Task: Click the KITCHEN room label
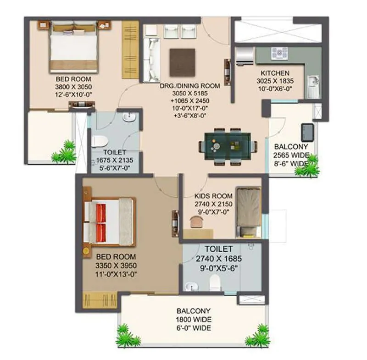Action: (x=275, y=73)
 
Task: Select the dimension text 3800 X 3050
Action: (x=73, y=87)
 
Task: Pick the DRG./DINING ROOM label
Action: (x=189, y=85)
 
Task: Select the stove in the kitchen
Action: (x=280, y=54)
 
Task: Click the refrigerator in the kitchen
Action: (x=245, y=55)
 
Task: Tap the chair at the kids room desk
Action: (x=196, y=222)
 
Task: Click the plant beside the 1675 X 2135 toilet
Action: (x=64, y=152)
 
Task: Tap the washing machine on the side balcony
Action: (x=307, y=132)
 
